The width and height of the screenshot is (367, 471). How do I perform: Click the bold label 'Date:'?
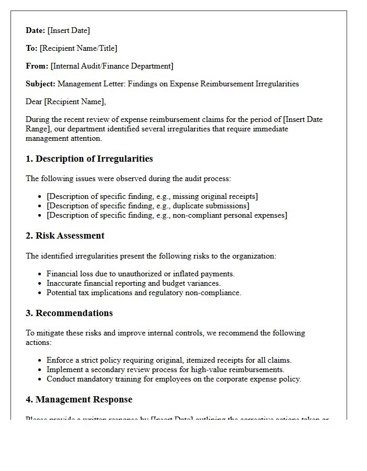point(36,30)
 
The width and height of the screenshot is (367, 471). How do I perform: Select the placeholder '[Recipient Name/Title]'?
point(78,48)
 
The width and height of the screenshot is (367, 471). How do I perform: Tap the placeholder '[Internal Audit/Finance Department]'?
point(112,66)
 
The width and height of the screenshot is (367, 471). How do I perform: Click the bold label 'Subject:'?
point(40,84)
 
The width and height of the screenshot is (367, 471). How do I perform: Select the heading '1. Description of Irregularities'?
point(89,159)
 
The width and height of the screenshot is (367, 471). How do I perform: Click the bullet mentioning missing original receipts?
point(152,196)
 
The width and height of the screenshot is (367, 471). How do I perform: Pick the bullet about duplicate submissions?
point(148,206)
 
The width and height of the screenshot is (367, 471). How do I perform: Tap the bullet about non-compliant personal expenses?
point(167,215)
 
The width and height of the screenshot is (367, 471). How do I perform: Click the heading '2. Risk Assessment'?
point(65,235)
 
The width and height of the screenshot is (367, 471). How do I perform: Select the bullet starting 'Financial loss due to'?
point(141,274)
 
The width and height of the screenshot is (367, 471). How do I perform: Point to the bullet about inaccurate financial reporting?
point(133,283)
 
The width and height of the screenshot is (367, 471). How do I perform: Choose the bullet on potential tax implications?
point(144,293)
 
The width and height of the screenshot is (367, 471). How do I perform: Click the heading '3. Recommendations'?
point(69,313)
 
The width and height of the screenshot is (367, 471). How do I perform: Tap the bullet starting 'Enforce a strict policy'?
point(169,360)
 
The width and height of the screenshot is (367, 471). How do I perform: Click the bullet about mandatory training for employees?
point(174,379)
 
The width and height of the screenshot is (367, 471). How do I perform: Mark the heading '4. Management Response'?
point(79,399)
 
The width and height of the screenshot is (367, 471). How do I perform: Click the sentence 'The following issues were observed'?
point(128,178)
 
